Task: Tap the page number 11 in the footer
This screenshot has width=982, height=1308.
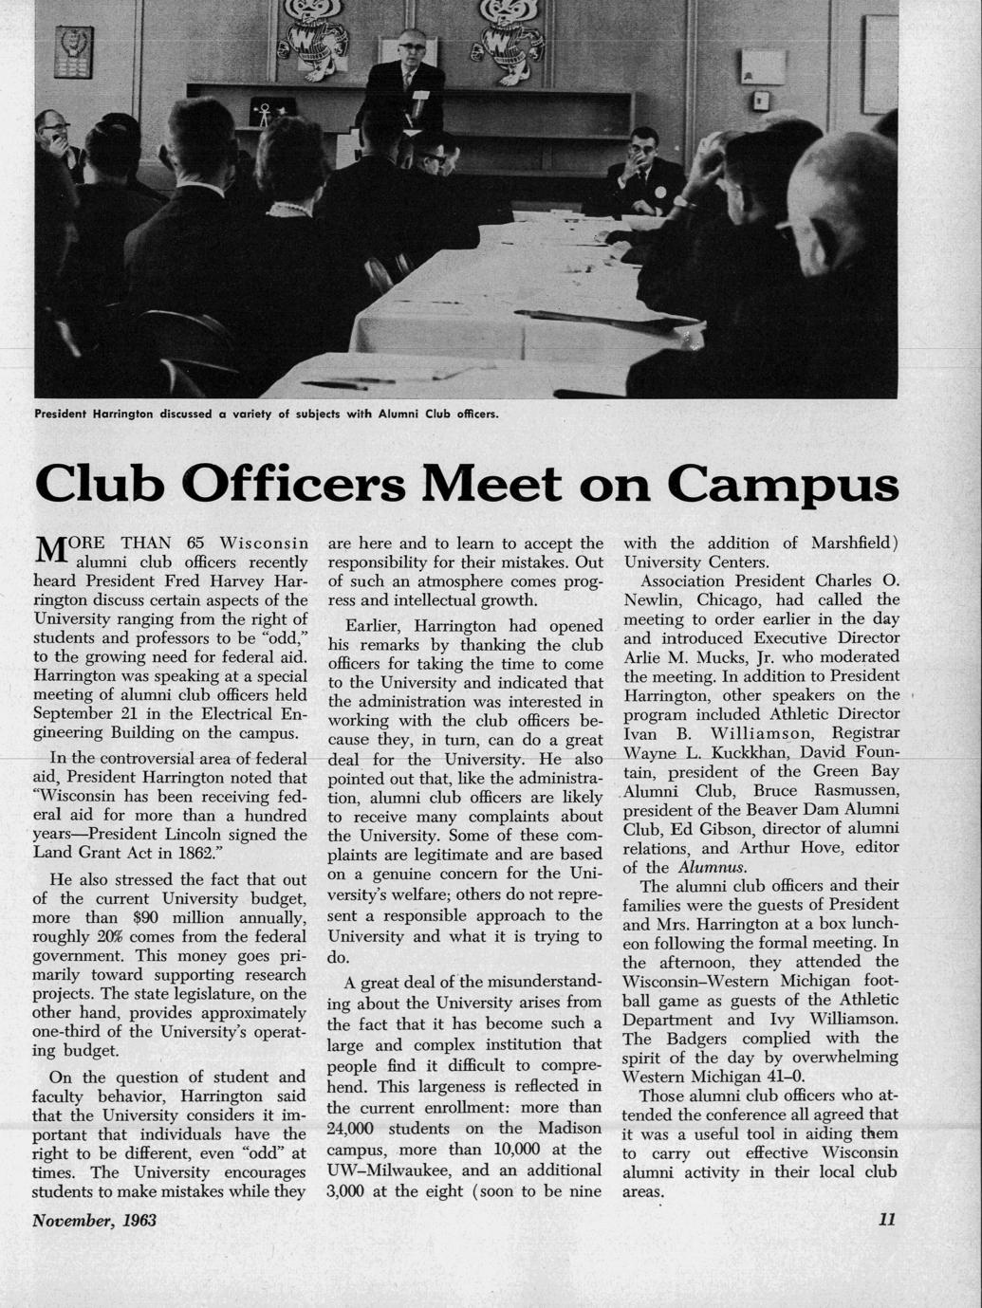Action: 887,1220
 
